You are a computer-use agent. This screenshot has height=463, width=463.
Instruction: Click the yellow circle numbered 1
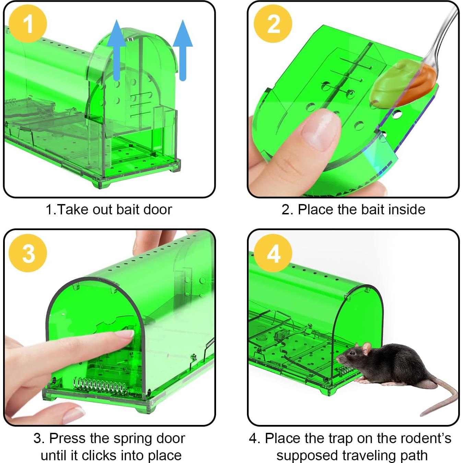click(x=28, y=24)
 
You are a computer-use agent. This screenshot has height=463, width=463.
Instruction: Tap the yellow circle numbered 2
click(x=273, y=24)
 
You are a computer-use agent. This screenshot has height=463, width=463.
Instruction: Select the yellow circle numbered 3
click(x=28, y=253)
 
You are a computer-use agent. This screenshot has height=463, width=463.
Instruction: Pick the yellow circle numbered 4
click(x=273, y=253)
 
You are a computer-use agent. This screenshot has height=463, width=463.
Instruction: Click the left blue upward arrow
click(x=117, y=50)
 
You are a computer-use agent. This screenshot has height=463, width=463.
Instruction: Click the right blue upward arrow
click(x=183, y=50)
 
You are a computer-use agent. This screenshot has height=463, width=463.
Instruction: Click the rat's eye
click(x=352, y=353)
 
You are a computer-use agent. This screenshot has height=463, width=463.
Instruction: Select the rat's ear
click(x=366, y=349)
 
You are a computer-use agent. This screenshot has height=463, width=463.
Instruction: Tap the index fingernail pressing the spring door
click(x=125, y=334)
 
